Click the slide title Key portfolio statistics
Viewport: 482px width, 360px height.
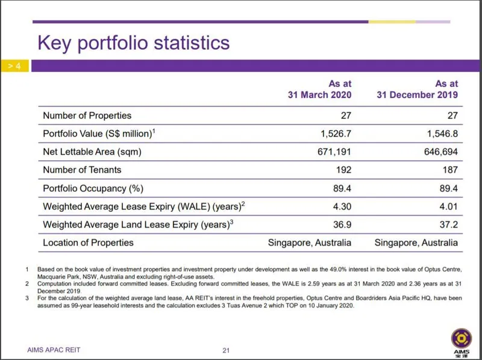tap(133, 43)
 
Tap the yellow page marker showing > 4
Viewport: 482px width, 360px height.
tap(14, 66)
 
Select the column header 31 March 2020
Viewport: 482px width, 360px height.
tap(319, 95)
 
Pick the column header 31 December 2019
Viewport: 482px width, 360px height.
tap(418, 95)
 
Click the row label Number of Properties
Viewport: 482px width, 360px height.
tap(87, 115)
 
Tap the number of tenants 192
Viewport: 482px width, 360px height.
tap(343, 170)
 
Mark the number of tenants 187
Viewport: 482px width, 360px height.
tap(449, 170)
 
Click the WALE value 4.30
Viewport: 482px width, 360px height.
tap(342, 206)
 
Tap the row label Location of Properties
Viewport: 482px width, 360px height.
tap(89, 243)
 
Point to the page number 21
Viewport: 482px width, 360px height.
tap(227, 350)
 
